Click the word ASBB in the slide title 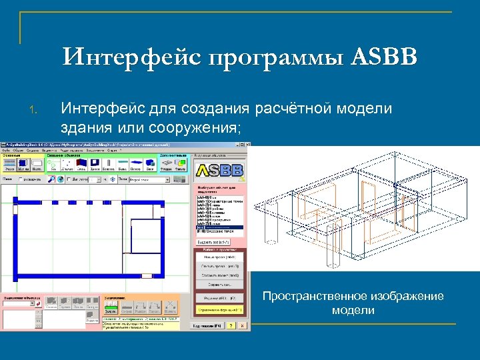pos(384,57)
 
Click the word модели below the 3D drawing pos(353,310)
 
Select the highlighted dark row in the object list pos(219,228)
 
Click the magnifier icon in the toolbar pos(51,179)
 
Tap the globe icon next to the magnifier pos(60,179)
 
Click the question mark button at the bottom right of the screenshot pos(230,326)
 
